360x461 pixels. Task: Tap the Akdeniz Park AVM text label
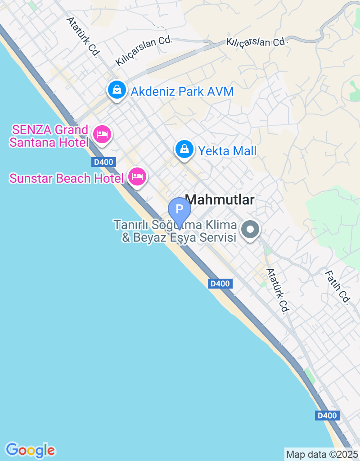[x=182, y=92]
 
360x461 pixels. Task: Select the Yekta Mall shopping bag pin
[x=184, y=149]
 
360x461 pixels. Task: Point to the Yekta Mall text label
[x=227, y=150]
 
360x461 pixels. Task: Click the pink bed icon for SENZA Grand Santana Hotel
[x=102, y=134]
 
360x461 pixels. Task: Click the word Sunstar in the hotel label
[x=31, y=178]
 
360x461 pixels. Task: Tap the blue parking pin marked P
[x=180, y=209]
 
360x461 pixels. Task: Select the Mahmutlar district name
[x=220, y=200]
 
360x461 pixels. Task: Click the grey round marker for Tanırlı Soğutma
[x=251, y=230]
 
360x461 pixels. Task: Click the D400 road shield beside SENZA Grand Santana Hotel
[x=103, y=162]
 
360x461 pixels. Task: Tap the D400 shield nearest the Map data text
[x=326, y=416]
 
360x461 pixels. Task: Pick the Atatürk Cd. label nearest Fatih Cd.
[x=278, y=291]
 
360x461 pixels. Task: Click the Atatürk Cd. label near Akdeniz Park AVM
[x=83, y=37]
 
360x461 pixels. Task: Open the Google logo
[x=30, y=450]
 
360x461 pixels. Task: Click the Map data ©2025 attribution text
[x=322, y=454]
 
